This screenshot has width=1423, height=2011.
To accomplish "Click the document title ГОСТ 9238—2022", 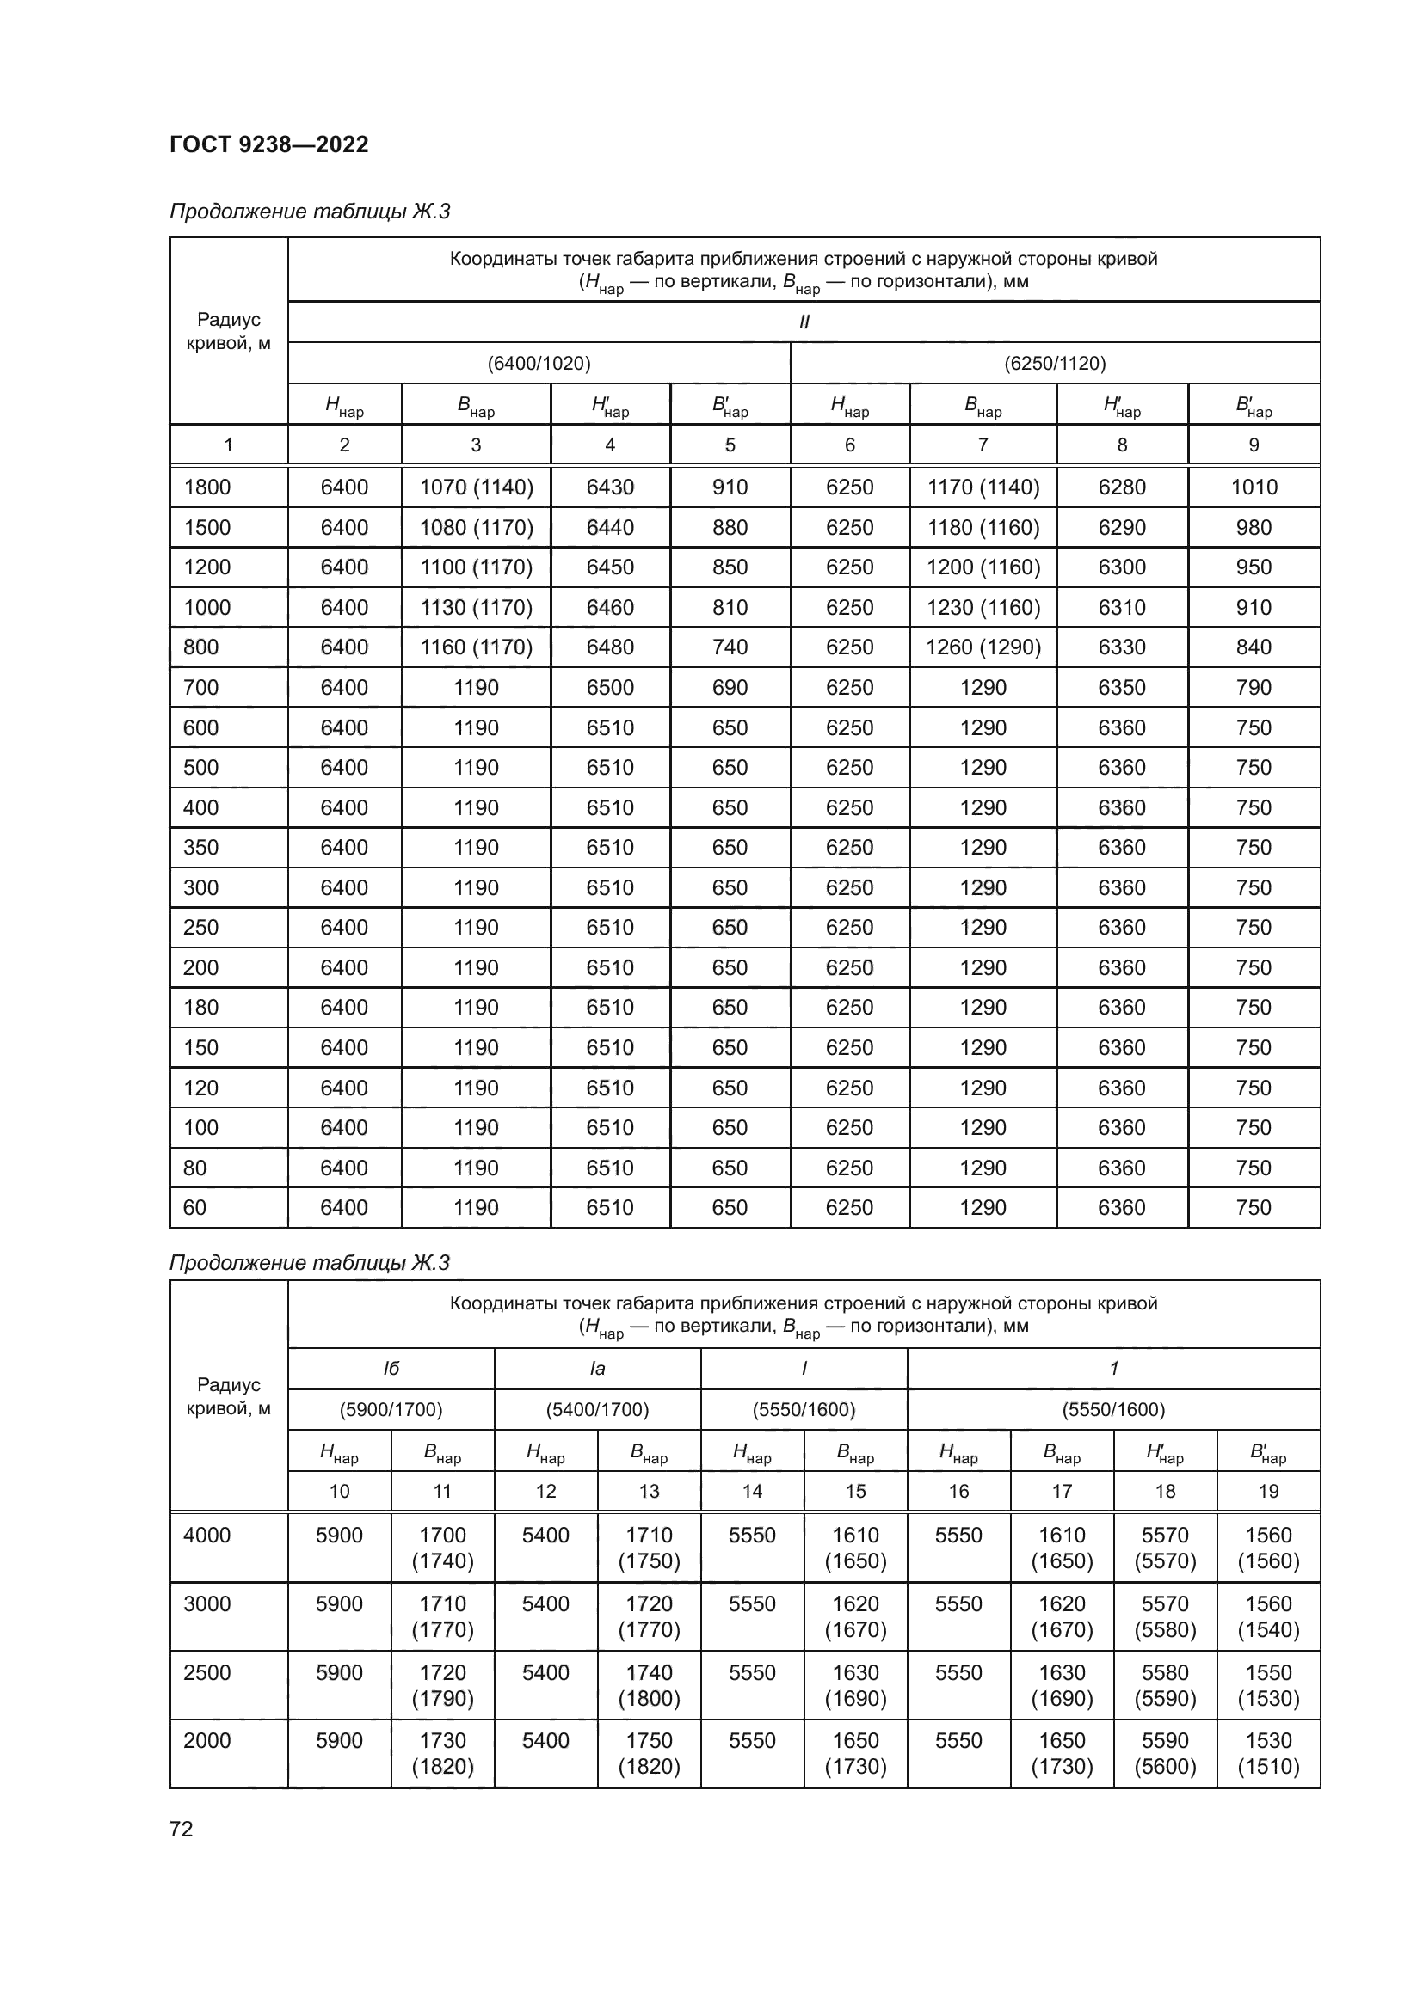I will (x=269, y=144).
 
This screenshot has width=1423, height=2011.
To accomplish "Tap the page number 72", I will (x=182, y=1829).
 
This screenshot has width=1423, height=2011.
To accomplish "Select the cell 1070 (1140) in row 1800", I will (x=476, y=487).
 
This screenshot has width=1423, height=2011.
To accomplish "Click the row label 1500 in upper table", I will (x=206, y=527).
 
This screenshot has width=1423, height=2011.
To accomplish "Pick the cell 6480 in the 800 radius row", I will (x=610, y=647).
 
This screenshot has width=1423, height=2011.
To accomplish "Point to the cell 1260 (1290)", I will (x=983, y=647).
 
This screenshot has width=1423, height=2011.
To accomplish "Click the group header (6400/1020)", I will (x=539, y=363).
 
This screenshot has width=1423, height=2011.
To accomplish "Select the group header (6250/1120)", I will (x=1055, y=363).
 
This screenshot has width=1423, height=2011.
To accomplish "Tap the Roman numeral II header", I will (x=804, y=322).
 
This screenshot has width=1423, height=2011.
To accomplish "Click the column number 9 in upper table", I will (x=1253, y=445).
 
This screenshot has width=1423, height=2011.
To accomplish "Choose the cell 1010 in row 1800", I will (x=1253, y=487).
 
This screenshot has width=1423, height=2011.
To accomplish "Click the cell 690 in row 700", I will (x=729, y=688).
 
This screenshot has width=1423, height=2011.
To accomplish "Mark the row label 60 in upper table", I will (x=194, y=1208).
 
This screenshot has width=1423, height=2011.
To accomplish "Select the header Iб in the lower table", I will (x=391, y=1369).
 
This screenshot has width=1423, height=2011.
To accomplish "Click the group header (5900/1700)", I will (x=391, y=1410).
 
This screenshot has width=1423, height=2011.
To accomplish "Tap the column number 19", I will (x=1268, y=1492).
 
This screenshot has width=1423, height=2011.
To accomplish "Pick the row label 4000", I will (x=206, y=1536).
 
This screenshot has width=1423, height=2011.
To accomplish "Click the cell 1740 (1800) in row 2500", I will (x=649, y=1686).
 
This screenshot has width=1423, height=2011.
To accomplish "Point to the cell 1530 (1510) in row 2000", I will (x=1268, y=1755).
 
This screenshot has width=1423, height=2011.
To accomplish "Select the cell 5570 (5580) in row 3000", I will (x=1165, y=1617).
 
